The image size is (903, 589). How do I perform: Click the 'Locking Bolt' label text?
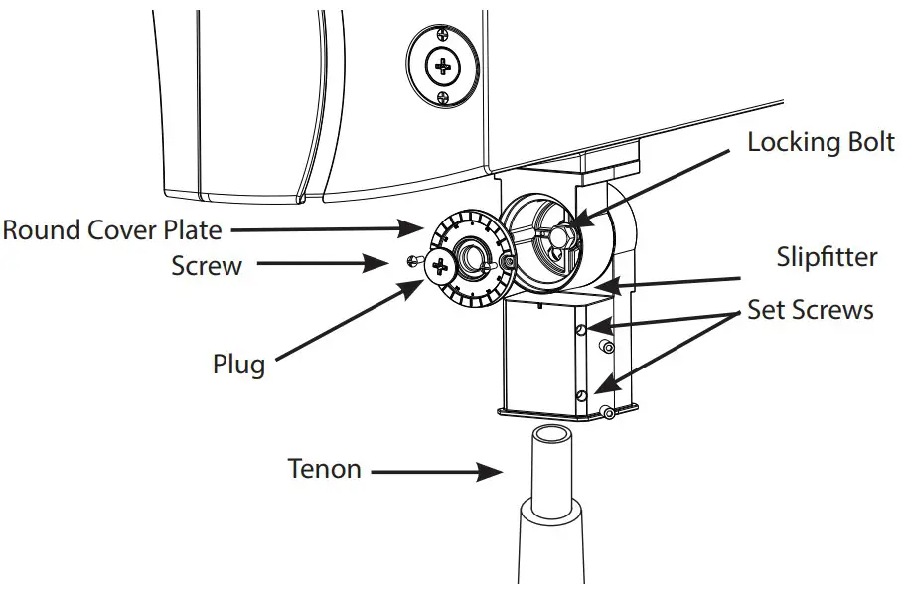[821, 142]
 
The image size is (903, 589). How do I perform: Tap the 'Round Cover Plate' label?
[111, 230]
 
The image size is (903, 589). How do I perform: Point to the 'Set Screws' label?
[811, 310]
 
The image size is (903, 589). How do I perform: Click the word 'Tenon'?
[324, 468]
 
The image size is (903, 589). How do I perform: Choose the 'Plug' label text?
[238, 364]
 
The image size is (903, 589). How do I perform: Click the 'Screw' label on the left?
[207, 266]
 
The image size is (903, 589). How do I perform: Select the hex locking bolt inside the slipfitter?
[563, 236]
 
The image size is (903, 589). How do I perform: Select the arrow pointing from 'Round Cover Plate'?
[328, 230]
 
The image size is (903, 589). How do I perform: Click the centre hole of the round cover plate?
[472, 260]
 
